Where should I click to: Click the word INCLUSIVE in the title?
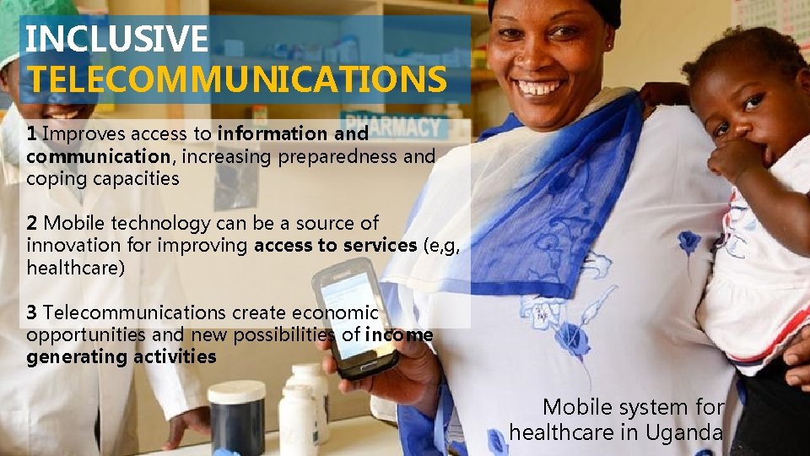click(116, 39)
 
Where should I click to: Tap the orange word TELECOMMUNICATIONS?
click(237, 79)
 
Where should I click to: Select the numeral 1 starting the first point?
click(31, 133)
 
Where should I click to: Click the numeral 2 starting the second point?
click(31, 223)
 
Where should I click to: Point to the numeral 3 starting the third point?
click(31, 313)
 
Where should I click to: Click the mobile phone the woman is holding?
click(354, 317)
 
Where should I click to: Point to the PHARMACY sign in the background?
click(392, 127)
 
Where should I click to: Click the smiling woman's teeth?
click(539, 87)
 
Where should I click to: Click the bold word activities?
click(175, 357)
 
